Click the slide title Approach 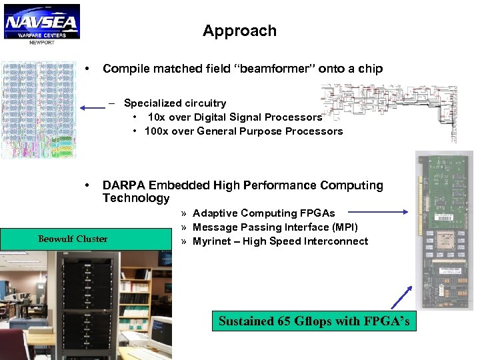239,31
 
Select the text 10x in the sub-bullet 157,117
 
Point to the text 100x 156,131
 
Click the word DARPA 124,185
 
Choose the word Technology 136,198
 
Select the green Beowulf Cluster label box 73,239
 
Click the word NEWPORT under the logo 41,42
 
